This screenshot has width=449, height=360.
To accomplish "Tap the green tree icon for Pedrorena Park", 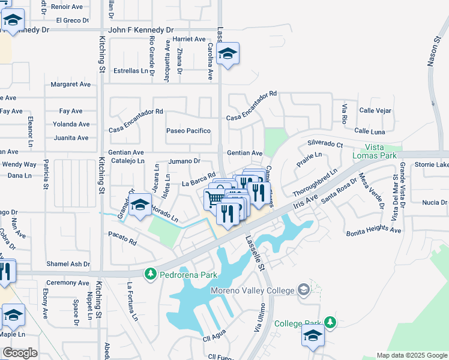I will [x=149, y=275].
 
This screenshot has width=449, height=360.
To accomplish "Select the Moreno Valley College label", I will [x=253, y=291].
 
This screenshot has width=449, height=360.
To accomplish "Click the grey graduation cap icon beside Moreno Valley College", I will [x=303, y=291].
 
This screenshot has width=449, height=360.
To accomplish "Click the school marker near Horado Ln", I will [x=140, y=205].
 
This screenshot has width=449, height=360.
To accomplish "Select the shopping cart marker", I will [x=214, y=197].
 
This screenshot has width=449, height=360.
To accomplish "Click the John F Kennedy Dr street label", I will [x=140, y=29].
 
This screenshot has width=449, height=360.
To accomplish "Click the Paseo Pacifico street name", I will [x=188, y=131].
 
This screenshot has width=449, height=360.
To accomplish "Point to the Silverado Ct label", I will [x=325, y=145].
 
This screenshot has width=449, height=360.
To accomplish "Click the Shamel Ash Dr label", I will [x=68, y=264].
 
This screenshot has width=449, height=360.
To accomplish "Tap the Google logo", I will [x=20, y=353].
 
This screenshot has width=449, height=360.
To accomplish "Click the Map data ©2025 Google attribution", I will [x=412, y=355].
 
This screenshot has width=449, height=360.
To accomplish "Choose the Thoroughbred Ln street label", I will [x=315, y=182].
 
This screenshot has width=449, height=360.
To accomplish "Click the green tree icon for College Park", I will [x=330, y=322].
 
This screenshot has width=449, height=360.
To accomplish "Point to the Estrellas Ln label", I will [x=130, y=71].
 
